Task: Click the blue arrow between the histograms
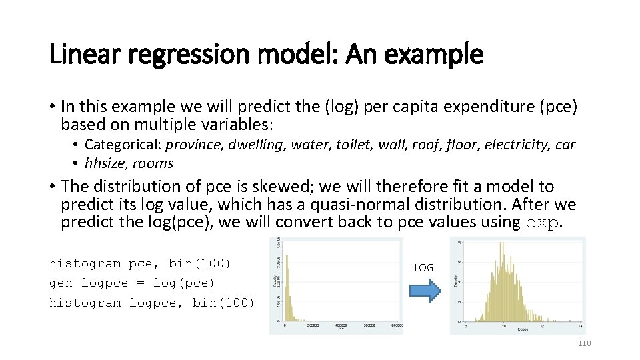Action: tap(424, 291)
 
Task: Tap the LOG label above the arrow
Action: tap(424, 268)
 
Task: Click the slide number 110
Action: tap(584, 343)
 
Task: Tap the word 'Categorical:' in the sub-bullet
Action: tap(123, 145)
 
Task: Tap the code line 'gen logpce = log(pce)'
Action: tap(132, 283)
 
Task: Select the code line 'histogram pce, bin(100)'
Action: tap(140, 263)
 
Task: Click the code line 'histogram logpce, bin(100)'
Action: tap(152, 303)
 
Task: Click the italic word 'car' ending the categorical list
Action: tap(565, 145)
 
